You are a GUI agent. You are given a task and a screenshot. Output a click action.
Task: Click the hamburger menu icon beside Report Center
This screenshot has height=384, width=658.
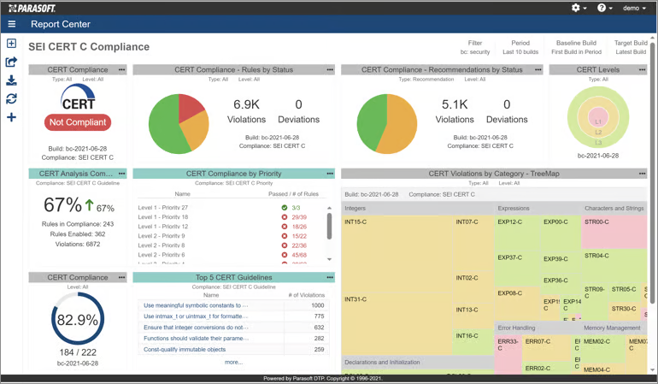(x=12, y=25)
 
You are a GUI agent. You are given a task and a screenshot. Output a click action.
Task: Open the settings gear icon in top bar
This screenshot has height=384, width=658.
(x=576, y=8)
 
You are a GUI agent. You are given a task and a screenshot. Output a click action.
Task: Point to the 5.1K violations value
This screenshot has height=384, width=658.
(x=455, y=104)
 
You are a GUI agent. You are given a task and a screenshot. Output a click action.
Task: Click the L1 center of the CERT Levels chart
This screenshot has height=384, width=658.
(x=598, y=122)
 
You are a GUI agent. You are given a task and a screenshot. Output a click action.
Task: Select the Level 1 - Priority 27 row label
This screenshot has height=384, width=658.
(x=162, y=208)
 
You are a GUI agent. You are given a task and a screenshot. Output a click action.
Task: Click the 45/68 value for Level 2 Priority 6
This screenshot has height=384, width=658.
(x=299, y=255)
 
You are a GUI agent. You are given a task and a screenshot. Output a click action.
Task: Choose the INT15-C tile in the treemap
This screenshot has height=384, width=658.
(x=355, y=222)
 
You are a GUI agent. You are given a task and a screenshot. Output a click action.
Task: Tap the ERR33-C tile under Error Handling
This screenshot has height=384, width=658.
(x=508, y=346)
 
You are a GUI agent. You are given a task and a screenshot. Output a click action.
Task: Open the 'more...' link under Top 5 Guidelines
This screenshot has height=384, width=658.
(x=233, y=362)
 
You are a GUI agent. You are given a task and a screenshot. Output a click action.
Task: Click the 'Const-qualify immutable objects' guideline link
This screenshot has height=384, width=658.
(x=185, y=350)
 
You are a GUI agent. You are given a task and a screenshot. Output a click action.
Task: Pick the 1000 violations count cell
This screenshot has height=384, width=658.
(x=318, y=305)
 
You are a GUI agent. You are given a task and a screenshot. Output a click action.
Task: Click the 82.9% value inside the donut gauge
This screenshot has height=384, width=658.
(x=77, y=320)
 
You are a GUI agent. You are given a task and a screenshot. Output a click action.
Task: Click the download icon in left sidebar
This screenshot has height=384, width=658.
(x=11, y=80)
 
